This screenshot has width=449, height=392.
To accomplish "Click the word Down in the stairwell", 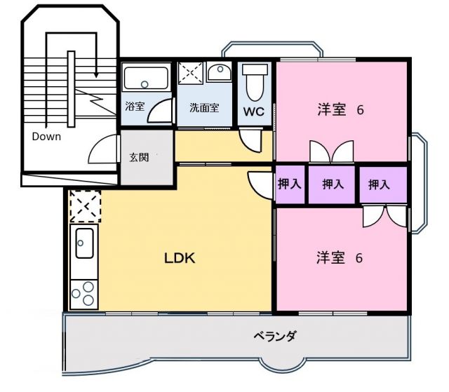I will [46, 137].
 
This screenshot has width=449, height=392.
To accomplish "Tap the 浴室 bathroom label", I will [134, 109].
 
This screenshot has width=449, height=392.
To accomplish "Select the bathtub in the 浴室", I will [146, 77].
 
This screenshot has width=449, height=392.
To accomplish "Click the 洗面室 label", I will [204, 109].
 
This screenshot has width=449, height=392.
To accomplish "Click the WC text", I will [253, 111].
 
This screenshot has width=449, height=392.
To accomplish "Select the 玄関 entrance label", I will [139, 157].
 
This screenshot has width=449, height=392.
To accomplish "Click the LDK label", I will [179, 257].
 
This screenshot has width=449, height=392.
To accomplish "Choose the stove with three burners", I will [83, 292].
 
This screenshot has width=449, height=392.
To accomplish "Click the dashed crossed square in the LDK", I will [86, 207].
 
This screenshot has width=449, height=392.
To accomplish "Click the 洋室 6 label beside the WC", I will [340, 110].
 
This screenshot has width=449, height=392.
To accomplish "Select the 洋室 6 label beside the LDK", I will [339, 257].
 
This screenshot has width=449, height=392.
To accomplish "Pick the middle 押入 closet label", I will [333, 184].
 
